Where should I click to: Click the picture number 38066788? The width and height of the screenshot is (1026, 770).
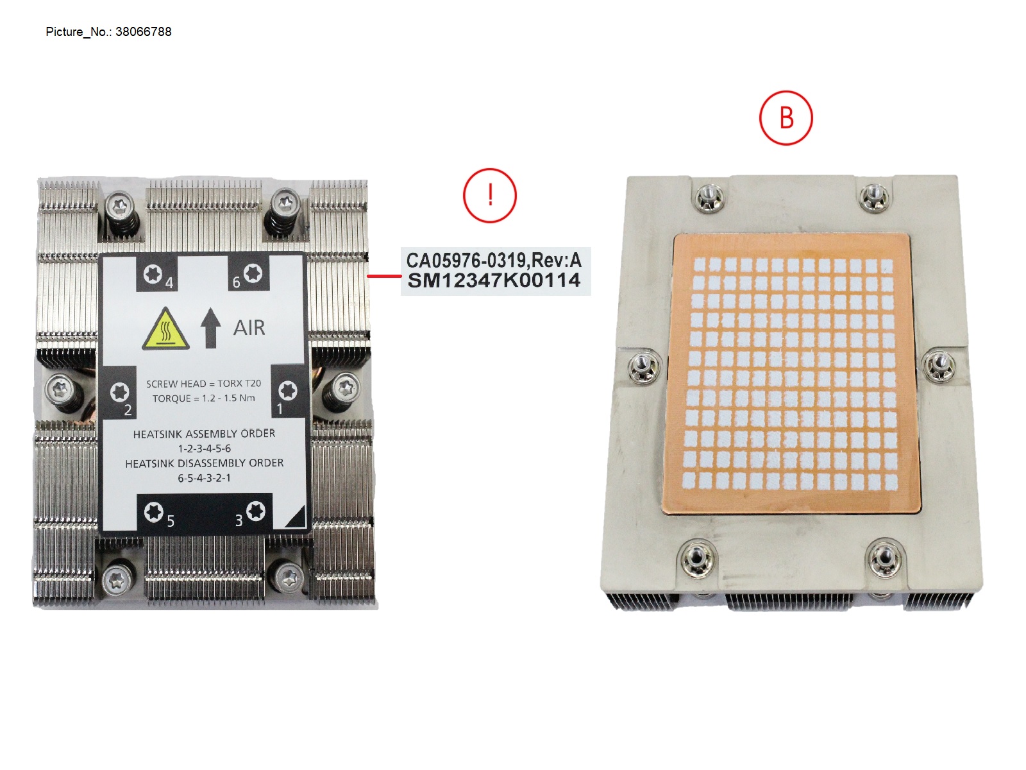tap(143, 31)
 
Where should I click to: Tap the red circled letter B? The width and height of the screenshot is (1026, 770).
tap(786, 118)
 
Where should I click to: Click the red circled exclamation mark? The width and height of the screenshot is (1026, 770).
tap(489, 195)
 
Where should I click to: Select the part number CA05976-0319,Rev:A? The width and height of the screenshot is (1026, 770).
tap(494, 261)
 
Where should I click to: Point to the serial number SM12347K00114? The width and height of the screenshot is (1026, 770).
tap(494, 280)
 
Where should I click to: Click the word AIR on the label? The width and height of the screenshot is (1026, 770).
tap(249, 328)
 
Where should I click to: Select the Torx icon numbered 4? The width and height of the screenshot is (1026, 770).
tap(153, 274)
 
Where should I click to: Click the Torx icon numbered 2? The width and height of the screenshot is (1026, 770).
tap(119, 391)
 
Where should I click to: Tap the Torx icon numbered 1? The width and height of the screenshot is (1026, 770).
tap(287, 390)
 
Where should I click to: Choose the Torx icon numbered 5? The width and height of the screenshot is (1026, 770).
tap(153, 512)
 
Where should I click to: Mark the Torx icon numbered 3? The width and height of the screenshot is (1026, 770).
tap(256, 511)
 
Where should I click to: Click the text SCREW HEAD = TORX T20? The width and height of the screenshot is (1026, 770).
tap(203, 384)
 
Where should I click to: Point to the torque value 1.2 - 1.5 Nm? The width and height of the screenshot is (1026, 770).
tap(228, 398)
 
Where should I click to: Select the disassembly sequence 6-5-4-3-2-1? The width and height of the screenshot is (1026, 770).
tap(204, 478)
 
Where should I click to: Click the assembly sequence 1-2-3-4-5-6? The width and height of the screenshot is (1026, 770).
tap(204, 449)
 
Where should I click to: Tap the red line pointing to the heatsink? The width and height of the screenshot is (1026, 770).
tap(383, 276)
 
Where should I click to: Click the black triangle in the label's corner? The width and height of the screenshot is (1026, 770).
tap(296, 517)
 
